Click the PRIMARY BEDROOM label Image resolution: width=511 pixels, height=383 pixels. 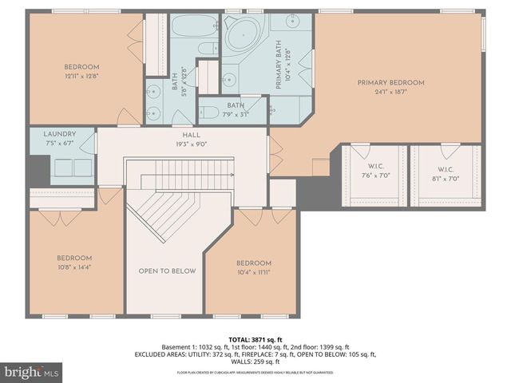pos(390,83)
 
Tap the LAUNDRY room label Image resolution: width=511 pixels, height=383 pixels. pos(60,134)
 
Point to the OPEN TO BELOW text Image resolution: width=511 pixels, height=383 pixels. pos(167,271)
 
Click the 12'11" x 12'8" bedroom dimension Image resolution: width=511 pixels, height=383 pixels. pos(81,76)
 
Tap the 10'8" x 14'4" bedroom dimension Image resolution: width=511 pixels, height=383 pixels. pos(73,268)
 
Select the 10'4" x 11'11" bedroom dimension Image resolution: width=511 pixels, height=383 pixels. pos(253,274)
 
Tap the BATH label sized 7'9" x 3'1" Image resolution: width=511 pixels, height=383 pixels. pos(235,105)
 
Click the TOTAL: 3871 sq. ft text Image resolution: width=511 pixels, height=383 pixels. pos(255,338)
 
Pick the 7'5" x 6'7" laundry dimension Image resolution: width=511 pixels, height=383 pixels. pos(60,144)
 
